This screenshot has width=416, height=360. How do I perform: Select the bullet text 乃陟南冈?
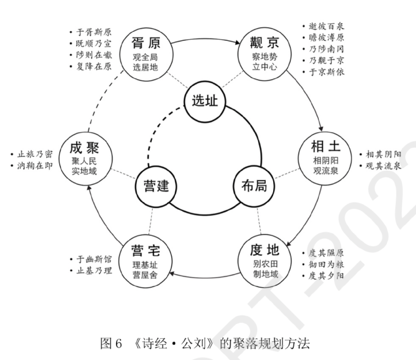click(327, 49)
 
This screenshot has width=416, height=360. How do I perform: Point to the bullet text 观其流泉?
click(383, 166)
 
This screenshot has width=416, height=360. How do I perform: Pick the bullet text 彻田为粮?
click(326, 264)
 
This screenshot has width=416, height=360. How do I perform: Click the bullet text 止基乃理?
click(94, 271)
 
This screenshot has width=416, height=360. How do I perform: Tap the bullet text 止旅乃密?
click(35, 154)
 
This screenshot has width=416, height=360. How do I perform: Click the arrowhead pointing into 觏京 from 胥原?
click(237, 42)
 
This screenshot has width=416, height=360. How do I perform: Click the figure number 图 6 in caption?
click(111, 343)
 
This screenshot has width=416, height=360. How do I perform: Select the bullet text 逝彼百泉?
click(327, 26)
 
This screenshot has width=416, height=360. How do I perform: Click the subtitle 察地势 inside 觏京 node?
click(265, 57)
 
